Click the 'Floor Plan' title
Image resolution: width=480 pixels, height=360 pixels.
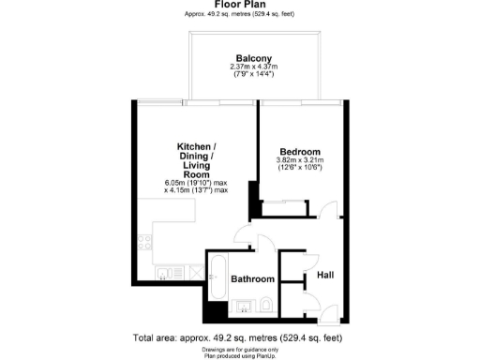pos(239,5)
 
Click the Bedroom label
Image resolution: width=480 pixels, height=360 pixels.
pos(300,152)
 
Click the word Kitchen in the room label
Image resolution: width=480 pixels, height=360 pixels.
pos(197,147)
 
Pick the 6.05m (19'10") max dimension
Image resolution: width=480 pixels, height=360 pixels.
pos(197,182)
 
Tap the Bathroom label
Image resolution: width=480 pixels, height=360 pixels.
pos(252,279)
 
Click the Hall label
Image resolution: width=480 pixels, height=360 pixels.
pos(325,275)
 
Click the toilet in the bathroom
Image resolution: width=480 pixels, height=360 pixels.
pos(265,304)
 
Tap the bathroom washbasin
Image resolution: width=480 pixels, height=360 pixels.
pos(242,305)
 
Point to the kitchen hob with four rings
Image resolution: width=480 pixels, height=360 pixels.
pos(145,242)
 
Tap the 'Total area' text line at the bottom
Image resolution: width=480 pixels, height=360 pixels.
pos(239,337)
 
